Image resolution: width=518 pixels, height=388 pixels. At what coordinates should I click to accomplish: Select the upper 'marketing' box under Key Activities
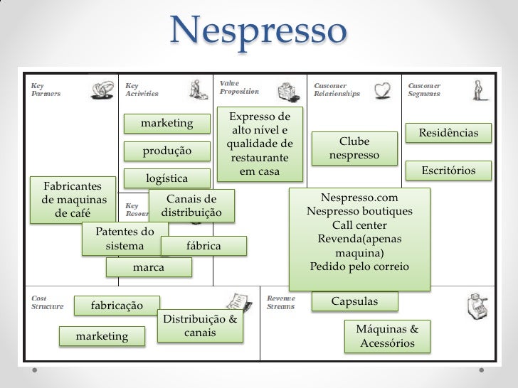click(167, 124)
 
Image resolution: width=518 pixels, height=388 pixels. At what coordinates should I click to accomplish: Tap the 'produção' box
click(167, 151)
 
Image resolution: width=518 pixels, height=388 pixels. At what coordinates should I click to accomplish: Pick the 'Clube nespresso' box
click(354, 149)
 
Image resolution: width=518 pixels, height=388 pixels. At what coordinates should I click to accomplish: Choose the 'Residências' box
click(448, 134)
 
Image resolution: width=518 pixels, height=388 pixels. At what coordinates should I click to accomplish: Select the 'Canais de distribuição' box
click(191, 206)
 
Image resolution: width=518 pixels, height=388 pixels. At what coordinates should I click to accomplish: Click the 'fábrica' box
click(203, 246)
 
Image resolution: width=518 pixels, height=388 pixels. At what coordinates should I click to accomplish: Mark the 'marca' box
click(148, 267)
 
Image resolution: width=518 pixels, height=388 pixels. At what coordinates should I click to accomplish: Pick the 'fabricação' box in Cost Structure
click(116, 306)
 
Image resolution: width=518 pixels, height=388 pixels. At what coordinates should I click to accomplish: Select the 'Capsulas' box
click(355, 302)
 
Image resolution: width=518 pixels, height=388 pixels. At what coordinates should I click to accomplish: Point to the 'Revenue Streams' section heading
click(281, 303)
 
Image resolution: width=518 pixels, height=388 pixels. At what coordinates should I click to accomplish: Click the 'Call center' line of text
click(359, 225)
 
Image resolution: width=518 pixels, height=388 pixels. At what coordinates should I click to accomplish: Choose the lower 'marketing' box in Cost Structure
click(102, 336)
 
